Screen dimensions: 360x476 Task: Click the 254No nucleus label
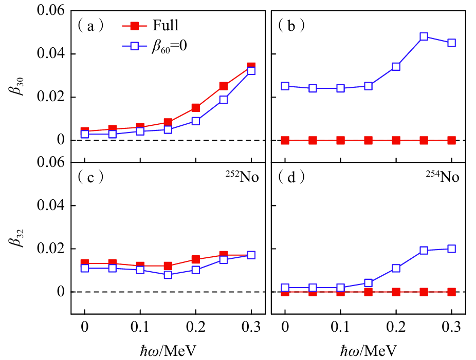click(x=442, y=178)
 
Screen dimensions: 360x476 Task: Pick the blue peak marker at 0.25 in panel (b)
click(x=424, y=37)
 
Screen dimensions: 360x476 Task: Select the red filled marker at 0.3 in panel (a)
click(x=251, y=67)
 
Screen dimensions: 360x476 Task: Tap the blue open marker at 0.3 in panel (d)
click(x=452, y=249)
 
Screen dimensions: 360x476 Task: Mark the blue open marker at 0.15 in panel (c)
click(x=168, y=275)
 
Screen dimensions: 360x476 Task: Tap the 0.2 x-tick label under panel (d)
click(x=396, y=328)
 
